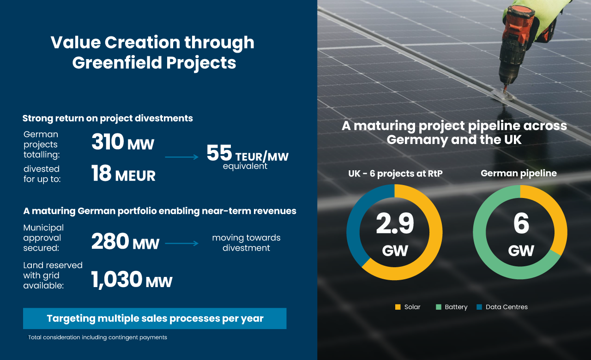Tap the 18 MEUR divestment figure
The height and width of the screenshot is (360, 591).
click(102, 174)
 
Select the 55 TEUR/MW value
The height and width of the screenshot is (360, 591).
click(219, 154)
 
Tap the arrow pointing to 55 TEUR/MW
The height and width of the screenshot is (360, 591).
click(182, 157)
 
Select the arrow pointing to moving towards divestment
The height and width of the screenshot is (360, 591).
click(182, 243)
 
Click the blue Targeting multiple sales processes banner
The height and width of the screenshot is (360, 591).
click(155, 318)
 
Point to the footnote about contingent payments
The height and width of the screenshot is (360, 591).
click(97, 337)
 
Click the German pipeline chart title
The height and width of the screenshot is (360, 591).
click(519, 174)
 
